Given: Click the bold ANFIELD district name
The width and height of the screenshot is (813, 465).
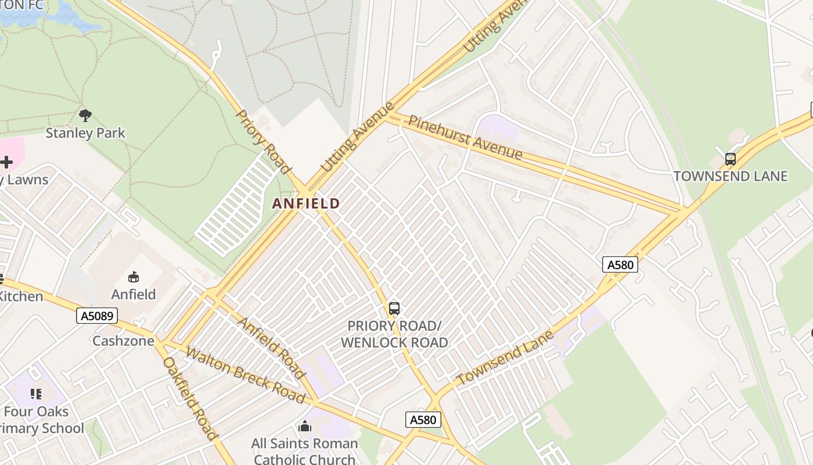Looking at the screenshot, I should coord(305,203).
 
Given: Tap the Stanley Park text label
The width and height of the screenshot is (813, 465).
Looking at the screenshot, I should coord(85,133).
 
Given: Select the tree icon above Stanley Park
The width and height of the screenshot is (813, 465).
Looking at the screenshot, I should coord(85,115).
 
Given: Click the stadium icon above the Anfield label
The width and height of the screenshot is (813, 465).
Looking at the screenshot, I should coord(134,277).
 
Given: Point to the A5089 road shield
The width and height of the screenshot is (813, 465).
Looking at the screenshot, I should coord(97,316).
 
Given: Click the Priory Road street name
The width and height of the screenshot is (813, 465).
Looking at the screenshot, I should coord(264,142).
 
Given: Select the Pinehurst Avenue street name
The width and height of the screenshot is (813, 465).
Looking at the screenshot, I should coord(465,138).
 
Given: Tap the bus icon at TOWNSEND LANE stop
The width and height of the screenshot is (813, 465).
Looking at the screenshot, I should coord(731,159).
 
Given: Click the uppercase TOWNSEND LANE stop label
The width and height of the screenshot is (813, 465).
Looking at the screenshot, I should coord(731,176).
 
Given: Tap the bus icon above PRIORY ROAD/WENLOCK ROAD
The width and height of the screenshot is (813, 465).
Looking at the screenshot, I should coord(394,309).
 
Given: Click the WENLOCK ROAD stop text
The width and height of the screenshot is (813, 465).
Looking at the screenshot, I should coord(394,342).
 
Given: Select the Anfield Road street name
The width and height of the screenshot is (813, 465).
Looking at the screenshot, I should coord(271,348).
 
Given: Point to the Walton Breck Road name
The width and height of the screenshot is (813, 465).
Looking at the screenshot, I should coord(245,375).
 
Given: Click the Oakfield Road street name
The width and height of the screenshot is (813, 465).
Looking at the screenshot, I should coord(190,398).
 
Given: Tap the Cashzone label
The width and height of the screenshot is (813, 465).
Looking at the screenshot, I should coord(124,341).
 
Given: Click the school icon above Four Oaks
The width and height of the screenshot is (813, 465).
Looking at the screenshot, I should coord(36,394).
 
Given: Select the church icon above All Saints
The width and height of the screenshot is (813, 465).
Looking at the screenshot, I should coord(305,427).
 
